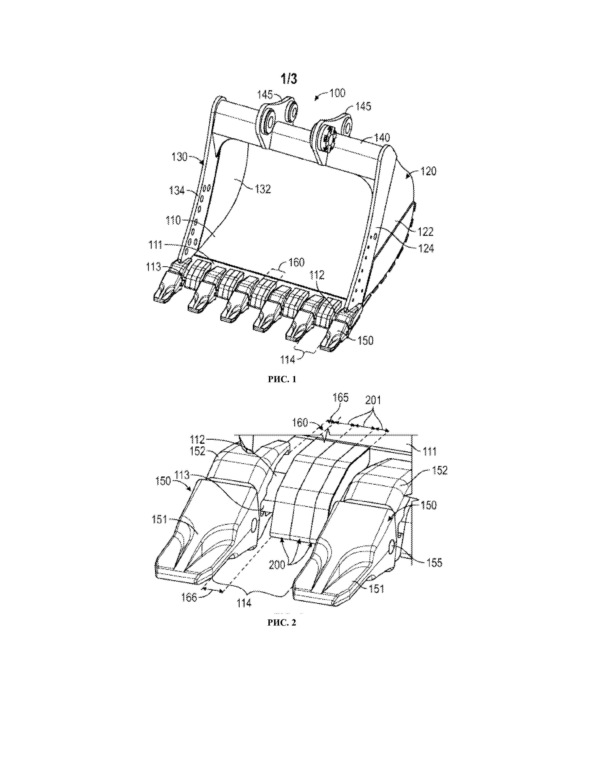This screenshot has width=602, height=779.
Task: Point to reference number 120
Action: point(428,172)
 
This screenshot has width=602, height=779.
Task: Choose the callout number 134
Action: point(177,191)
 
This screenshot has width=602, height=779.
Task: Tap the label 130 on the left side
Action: point(179,157)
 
